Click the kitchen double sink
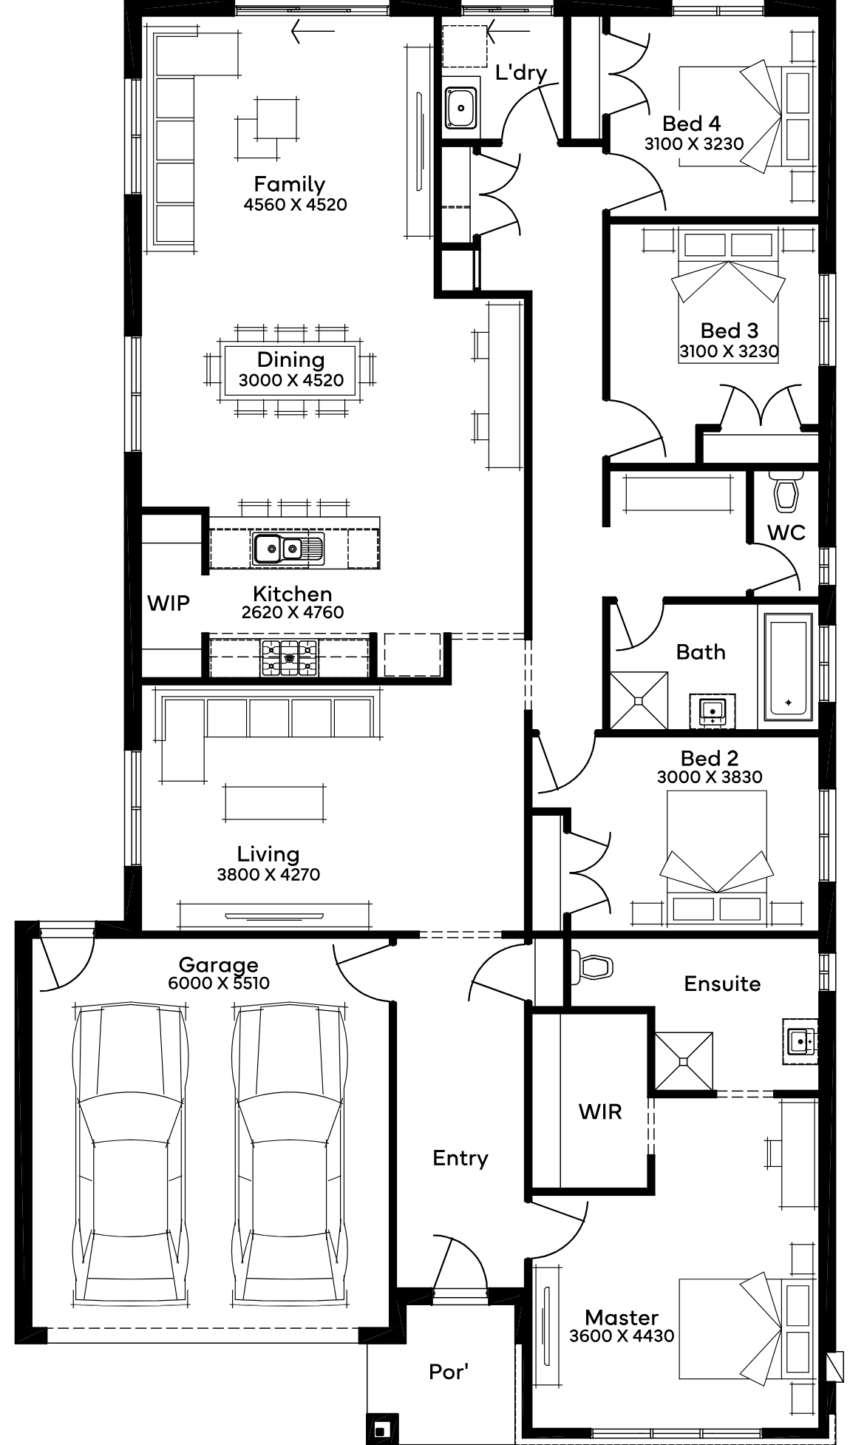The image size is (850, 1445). coord(288,548)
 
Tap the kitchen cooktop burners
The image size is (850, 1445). coord(288,656)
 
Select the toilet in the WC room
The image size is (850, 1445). coord(785,493)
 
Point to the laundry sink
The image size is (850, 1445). coord(461,107)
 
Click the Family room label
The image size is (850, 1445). coord(289,183)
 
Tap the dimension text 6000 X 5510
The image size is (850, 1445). coord(219,983)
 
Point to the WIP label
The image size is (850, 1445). coord(169,603)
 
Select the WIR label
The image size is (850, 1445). coord(600,1111)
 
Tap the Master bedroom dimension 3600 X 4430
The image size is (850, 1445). coord(622,1336)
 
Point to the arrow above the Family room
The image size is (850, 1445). coord(313,31)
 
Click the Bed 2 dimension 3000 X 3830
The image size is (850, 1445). coord(710,777)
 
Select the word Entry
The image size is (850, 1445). coord(460,1157)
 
